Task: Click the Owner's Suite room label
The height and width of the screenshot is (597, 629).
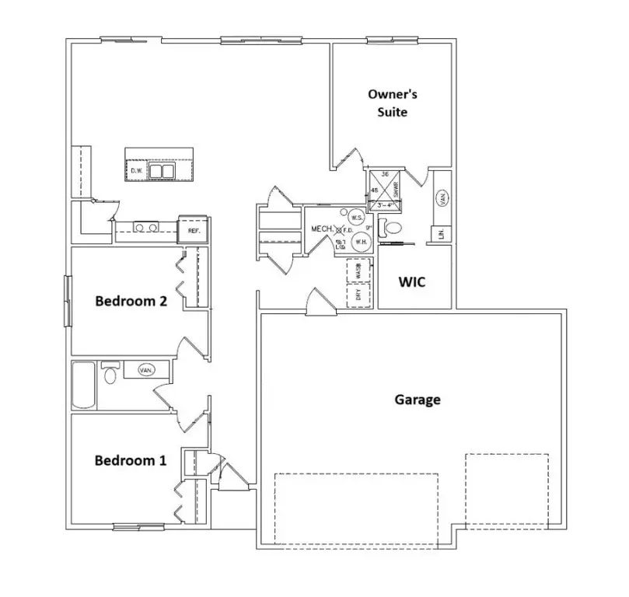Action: (393, 103)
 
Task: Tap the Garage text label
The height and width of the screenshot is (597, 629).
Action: (418, 400)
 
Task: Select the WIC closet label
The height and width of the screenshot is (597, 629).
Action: (412, 281)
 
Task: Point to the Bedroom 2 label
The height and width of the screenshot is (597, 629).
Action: (131, 302)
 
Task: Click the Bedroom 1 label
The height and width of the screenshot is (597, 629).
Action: (130, 460)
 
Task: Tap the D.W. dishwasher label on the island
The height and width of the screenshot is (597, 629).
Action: (136, 170)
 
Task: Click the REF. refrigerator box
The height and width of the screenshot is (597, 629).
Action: (192, 231)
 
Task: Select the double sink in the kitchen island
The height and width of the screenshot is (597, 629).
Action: (162, 170)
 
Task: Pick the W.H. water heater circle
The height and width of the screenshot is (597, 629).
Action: (361, 242)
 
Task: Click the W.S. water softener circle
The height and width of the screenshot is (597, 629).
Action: (356, 218)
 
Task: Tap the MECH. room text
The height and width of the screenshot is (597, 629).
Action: (322, 229)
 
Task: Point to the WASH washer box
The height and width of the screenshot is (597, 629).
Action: (358, 271)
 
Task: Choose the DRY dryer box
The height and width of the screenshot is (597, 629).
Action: (358, 295)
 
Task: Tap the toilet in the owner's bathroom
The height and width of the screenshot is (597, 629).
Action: (392, 229)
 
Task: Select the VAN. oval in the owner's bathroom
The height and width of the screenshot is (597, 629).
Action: (442, 199)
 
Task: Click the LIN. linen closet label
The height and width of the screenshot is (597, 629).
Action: (441, 233)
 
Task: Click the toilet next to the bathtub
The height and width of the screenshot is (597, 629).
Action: (110, 375)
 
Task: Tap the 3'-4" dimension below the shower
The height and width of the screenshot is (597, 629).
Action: (385, 205)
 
